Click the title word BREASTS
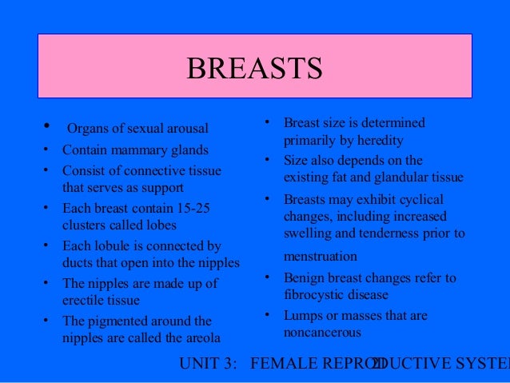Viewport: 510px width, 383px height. tap(254, 69)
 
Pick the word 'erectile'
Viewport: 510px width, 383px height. tap(84, 300)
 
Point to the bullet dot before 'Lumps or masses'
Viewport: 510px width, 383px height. tap(266, 316)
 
